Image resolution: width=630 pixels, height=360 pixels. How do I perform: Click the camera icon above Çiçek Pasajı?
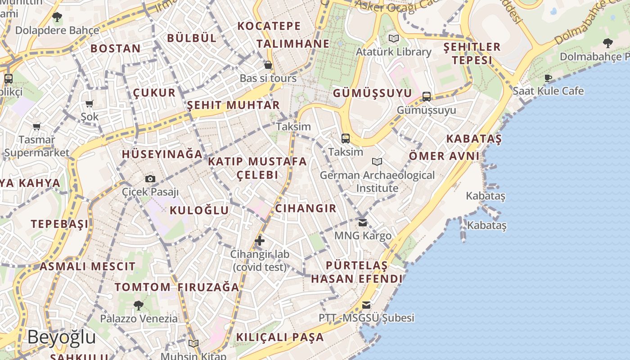(x=150, y=179)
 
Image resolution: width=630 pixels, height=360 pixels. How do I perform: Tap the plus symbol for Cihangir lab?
(x=260, y=241)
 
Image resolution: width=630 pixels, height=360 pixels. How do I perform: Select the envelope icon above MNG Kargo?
(x=363, y=222)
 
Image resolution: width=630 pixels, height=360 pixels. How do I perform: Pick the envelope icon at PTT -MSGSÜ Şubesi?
(x=366, y=305)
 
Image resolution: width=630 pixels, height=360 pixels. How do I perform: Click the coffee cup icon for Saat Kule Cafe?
(x=548, y=78)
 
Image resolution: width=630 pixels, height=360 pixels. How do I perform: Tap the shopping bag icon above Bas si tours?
(x=268, y=65)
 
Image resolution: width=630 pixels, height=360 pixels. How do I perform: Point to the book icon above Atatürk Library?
(x=394, y=39)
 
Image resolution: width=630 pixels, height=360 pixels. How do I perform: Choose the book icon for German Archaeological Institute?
(x=377, y=162)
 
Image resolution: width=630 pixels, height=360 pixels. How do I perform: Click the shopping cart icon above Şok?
(x=90, y=104)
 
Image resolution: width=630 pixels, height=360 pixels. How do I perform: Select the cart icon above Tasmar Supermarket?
(x=36, y=126)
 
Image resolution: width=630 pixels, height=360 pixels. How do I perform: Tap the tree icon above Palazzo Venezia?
(x=139, y=306)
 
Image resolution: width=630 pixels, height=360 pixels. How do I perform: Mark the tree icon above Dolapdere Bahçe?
(x=57, y=18)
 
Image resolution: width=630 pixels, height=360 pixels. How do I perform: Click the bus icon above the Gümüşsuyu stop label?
(x=427, y=96)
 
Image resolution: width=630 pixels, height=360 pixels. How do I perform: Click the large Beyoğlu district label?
(x=62, y=337)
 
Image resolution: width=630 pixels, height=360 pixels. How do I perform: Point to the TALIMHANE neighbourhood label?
(x=293, y=44)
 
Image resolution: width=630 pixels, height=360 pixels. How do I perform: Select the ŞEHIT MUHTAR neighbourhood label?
(x=233, y=105)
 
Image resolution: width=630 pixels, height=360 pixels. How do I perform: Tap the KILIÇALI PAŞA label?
(x=280, y=337)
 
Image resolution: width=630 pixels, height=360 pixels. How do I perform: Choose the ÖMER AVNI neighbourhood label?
(x=444, y=156)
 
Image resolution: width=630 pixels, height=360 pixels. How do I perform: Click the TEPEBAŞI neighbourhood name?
(x=59, y=224)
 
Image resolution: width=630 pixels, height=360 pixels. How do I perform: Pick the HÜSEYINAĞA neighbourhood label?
(x=162, y=154)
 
